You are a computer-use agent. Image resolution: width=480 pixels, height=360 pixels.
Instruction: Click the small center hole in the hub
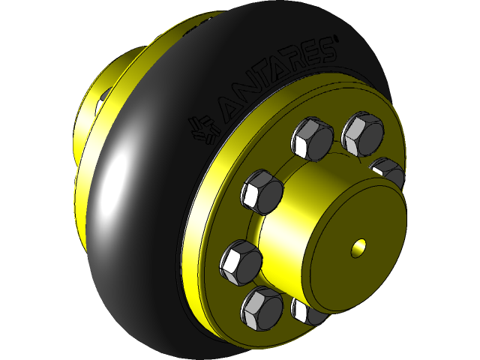coord(359,246)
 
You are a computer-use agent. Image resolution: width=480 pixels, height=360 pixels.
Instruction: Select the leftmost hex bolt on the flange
coord(241,262)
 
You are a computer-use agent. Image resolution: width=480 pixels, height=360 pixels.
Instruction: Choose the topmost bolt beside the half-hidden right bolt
coord(362,132)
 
